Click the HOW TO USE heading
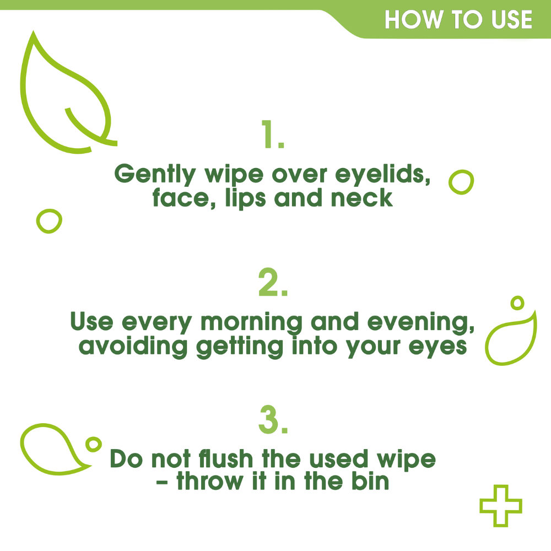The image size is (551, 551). [458, 20]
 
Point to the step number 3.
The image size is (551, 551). [273, 420]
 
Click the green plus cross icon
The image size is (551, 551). [500, 505]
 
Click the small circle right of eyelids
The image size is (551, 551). [462, 182]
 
